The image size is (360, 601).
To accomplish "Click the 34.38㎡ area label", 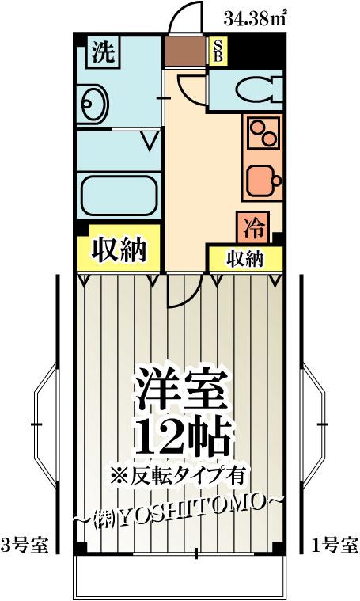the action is [x=255, y=18].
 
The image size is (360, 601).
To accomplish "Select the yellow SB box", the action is [x=218, y=51].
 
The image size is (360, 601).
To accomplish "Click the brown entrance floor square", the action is [x=185, y=51].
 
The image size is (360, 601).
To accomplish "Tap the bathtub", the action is [x=119, y=195].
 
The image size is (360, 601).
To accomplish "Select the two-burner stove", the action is [x=263, y=132].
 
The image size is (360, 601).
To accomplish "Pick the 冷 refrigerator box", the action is [x=253, y=227].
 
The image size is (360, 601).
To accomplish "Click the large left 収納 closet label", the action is [x=119, y=250].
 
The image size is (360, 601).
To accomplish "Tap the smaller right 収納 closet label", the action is [x=244, y=260].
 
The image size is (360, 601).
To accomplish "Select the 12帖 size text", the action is [x=184, y=438].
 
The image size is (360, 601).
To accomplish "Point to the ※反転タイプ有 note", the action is [x=178, y=477].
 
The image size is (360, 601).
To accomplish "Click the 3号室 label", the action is [x=25, y=545].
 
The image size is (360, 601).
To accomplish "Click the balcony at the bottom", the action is [x=180, y=575].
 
